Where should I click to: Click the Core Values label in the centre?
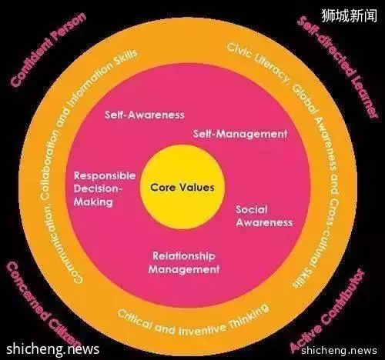click(182, 187)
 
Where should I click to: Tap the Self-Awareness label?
click(145, 115)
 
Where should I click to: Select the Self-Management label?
click(240, 134)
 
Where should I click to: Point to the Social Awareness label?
click(264, 216)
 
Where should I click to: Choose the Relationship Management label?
click(184, 262)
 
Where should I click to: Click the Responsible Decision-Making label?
click(105, 188)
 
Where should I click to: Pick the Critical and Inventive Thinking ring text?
click(193, 321)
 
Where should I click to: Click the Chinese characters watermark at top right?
click(349, 15)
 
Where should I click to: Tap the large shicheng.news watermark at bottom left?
click(53, 349)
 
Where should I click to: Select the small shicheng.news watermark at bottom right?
click(339, 350)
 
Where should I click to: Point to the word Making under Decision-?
click(93, 202)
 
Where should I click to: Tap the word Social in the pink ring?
click(252, 209)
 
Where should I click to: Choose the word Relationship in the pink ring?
click(184, 256)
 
